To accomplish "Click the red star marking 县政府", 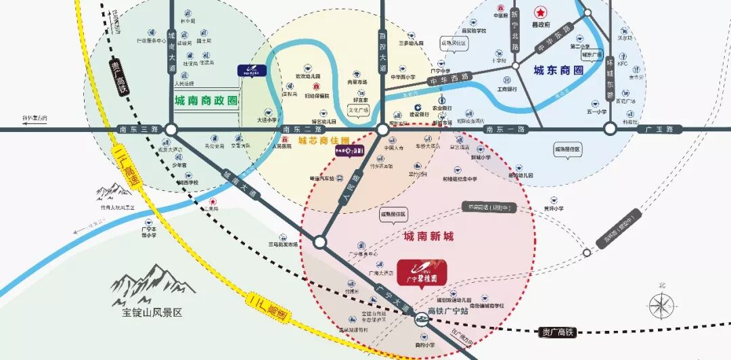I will click(540, 12).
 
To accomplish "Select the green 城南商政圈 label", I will click(206, 101).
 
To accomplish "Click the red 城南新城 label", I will click(428, 236).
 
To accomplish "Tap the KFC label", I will click(623, 64).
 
